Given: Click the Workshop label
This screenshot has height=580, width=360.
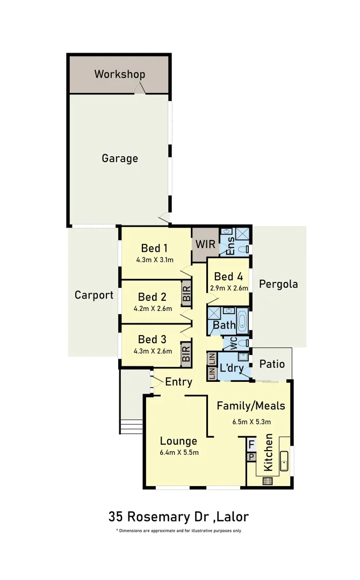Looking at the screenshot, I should pyautogui.click(x=120, y=74).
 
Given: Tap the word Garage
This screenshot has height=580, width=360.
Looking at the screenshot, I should pyautogui.click(x=120, y=158).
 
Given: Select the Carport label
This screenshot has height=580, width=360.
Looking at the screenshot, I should pyautogui.click(x=94, y=295).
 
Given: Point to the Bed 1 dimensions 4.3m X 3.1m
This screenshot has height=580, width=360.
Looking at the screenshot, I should pyautogui.click(x=155, y=259).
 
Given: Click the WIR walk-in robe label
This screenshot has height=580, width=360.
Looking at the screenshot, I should pyautogui.click(x=205, y=244).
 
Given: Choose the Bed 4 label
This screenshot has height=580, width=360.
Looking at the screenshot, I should pyautogui.click(x=228, y=277).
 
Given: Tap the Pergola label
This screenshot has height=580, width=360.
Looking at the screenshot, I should pyautogui.click(x=278, y=284).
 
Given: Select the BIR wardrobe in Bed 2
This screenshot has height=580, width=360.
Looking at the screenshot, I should pyautogui.click(x=186, y=293).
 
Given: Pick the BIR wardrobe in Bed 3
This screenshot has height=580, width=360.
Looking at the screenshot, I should pyautogui.click(x=186, y=353).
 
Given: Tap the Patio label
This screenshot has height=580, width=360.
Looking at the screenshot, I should pyautogui.click(x=272, y=364).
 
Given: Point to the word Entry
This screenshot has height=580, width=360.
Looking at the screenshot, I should pyautogui.click(x=178, y=382).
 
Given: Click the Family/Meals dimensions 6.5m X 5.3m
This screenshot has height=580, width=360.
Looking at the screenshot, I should pyautogui.click(x=251, y=422).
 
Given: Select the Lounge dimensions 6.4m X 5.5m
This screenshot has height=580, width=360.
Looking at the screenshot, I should pyautogui.click(x=179, y=452).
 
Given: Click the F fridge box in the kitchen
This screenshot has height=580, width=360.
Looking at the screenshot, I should pyautogui.click(x=251, y=445).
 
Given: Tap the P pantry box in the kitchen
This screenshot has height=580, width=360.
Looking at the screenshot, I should pyautogui.click(x=251, y=457).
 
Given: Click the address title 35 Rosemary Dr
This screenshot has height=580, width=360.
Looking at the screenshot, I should pyautogui.click(x=178, y=517).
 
